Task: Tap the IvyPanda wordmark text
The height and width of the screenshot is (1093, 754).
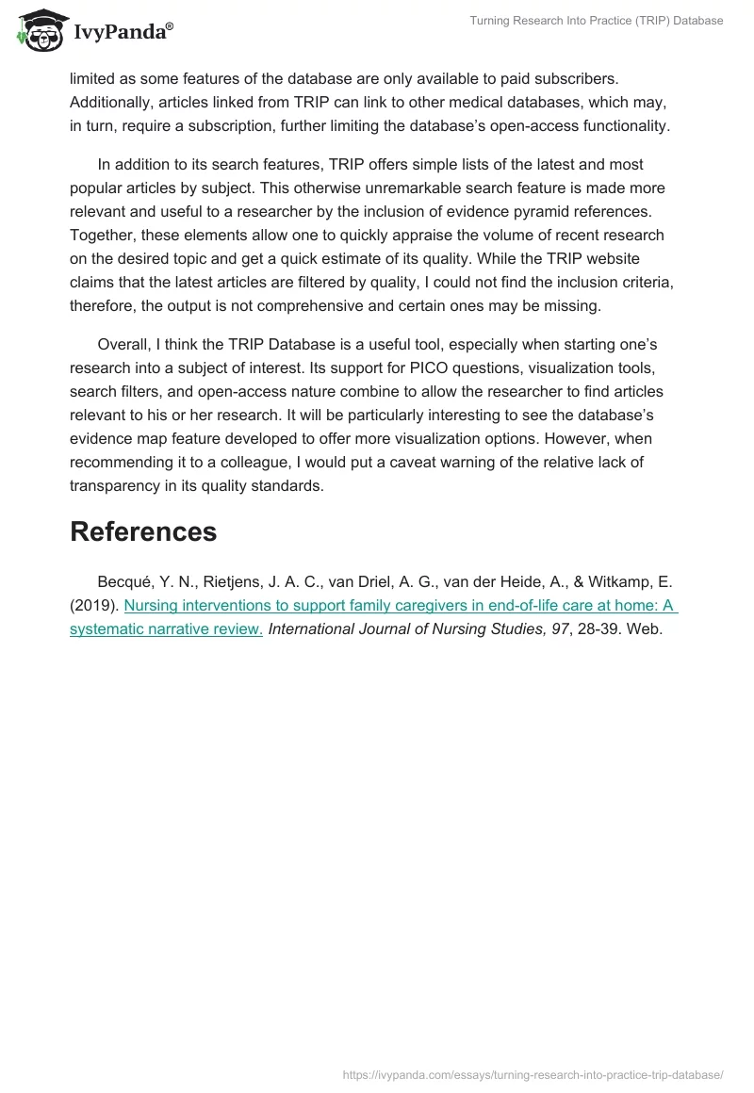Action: [123, 31]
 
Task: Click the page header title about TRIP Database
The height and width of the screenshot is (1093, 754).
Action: [597, 21]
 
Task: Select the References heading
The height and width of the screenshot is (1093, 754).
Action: [143, 531]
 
